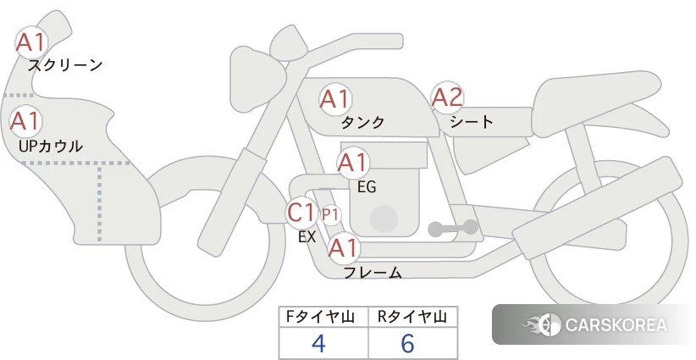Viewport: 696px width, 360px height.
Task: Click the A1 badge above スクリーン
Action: point(30,42)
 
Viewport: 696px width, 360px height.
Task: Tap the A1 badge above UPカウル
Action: point(25,121)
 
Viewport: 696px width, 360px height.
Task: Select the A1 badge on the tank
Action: point(334,99)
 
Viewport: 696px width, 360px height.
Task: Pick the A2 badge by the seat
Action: point(447,97)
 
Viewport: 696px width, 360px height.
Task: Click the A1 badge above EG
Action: point(352,163)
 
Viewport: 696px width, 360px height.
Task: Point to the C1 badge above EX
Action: point(301,212)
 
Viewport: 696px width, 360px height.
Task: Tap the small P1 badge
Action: point(330,215)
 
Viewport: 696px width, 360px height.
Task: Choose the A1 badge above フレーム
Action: point(343,248)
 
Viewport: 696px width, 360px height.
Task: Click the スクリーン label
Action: point(65,65)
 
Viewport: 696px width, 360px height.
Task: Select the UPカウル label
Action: point(51,146)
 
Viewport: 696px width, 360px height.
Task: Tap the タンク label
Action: point(362,122)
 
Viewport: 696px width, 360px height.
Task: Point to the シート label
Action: point(472,121)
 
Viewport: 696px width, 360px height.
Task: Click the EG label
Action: point(367,187)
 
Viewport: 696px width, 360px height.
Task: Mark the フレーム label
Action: point(373,273)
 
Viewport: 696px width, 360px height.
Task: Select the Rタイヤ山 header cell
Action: point(413,317)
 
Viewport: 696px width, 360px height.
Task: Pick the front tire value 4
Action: point(318,343)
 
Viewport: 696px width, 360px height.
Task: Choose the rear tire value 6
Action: point(407,343)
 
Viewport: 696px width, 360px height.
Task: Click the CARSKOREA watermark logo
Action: point(594,324)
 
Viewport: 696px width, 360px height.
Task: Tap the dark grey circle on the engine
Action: point(384,219)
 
